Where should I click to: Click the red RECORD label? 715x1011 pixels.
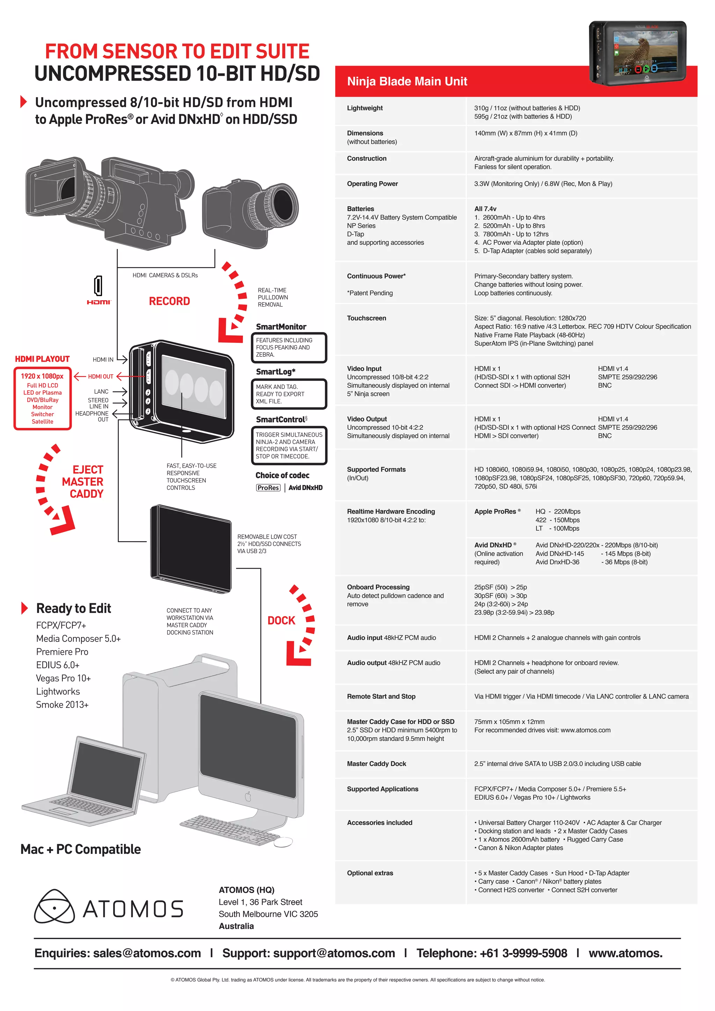170,301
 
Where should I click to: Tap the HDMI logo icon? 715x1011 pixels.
98,290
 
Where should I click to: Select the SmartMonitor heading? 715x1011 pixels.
281,327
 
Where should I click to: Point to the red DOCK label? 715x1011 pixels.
281,620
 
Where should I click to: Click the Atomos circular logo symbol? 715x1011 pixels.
54,907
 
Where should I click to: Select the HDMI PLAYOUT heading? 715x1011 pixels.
42,359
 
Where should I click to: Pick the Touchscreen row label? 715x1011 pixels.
366,318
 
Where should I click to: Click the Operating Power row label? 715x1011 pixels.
372,184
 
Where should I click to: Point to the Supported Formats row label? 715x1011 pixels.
376,470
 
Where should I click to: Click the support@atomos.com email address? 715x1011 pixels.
334,953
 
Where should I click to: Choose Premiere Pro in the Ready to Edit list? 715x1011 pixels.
62,652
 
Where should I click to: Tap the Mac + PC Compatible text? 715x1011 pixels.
81,849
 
